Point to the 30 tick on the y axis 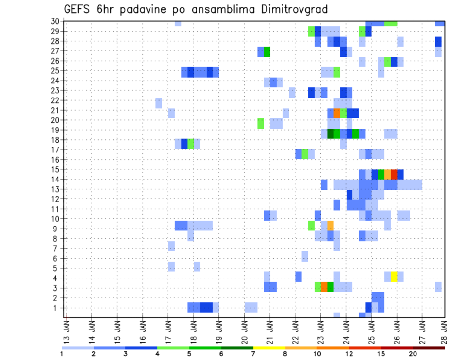(55, 21)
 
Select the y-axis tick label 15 (55, 169)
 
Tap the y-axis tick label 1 (57, 308)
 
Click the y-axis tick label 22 (55, 100)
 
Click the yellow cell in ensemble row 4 (394, 277)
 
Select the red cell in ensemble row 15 (394, 174)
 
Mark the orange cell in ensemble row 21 (337, 113)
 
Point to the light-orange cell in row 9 (331, 226)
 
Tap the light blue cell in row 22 (159, 103)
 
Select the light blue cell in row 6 (305, 256)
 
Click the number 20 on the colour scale (413, 354)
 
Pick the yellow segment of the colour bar (269, 348)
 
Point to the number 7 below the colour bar (253, 354)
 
